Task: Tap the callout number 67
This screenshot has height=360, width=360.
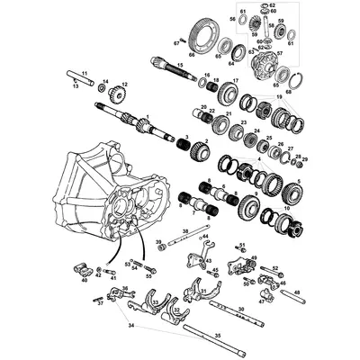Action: pos(177,42)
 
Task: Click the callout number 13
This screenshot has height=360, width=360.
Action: pos(75,87)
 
